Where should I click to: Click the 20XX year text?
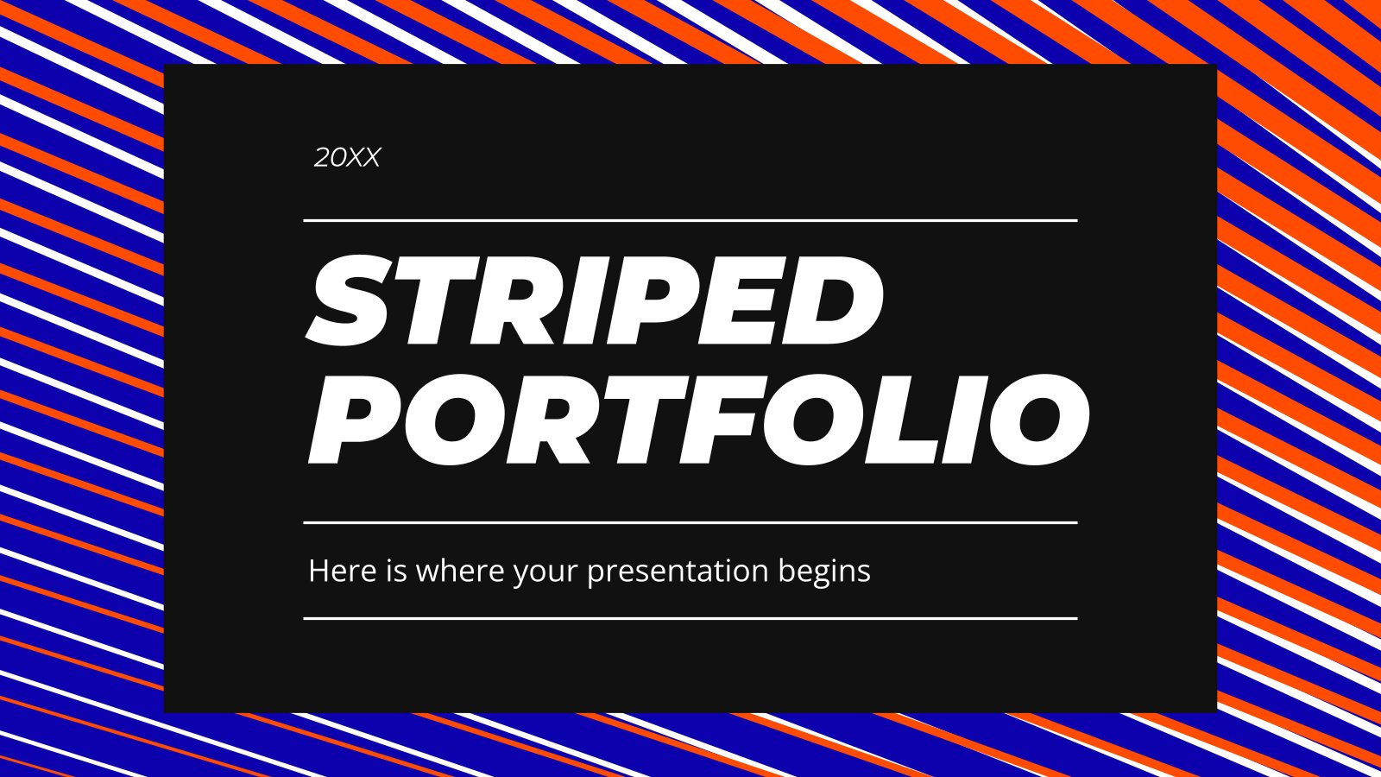tap(347, 158)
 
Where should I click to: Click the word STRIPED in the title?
tap(595, 301)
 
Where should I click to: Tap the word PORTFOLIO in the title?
tap(698, 420)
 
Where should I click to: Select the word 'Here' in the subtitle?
tap(342, 571)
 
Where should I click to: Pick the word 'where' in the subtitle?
tap(460, 571)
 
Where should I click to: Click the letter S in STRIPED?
tap(350, 301)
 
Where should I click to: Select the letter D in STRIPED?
tap(836, 301)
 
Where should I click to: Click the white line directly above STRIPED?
tap(690, 220)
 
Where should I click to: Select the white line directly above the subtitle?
tap(690, 522)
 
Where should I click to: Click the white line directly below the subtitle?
tap(690, 618)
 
